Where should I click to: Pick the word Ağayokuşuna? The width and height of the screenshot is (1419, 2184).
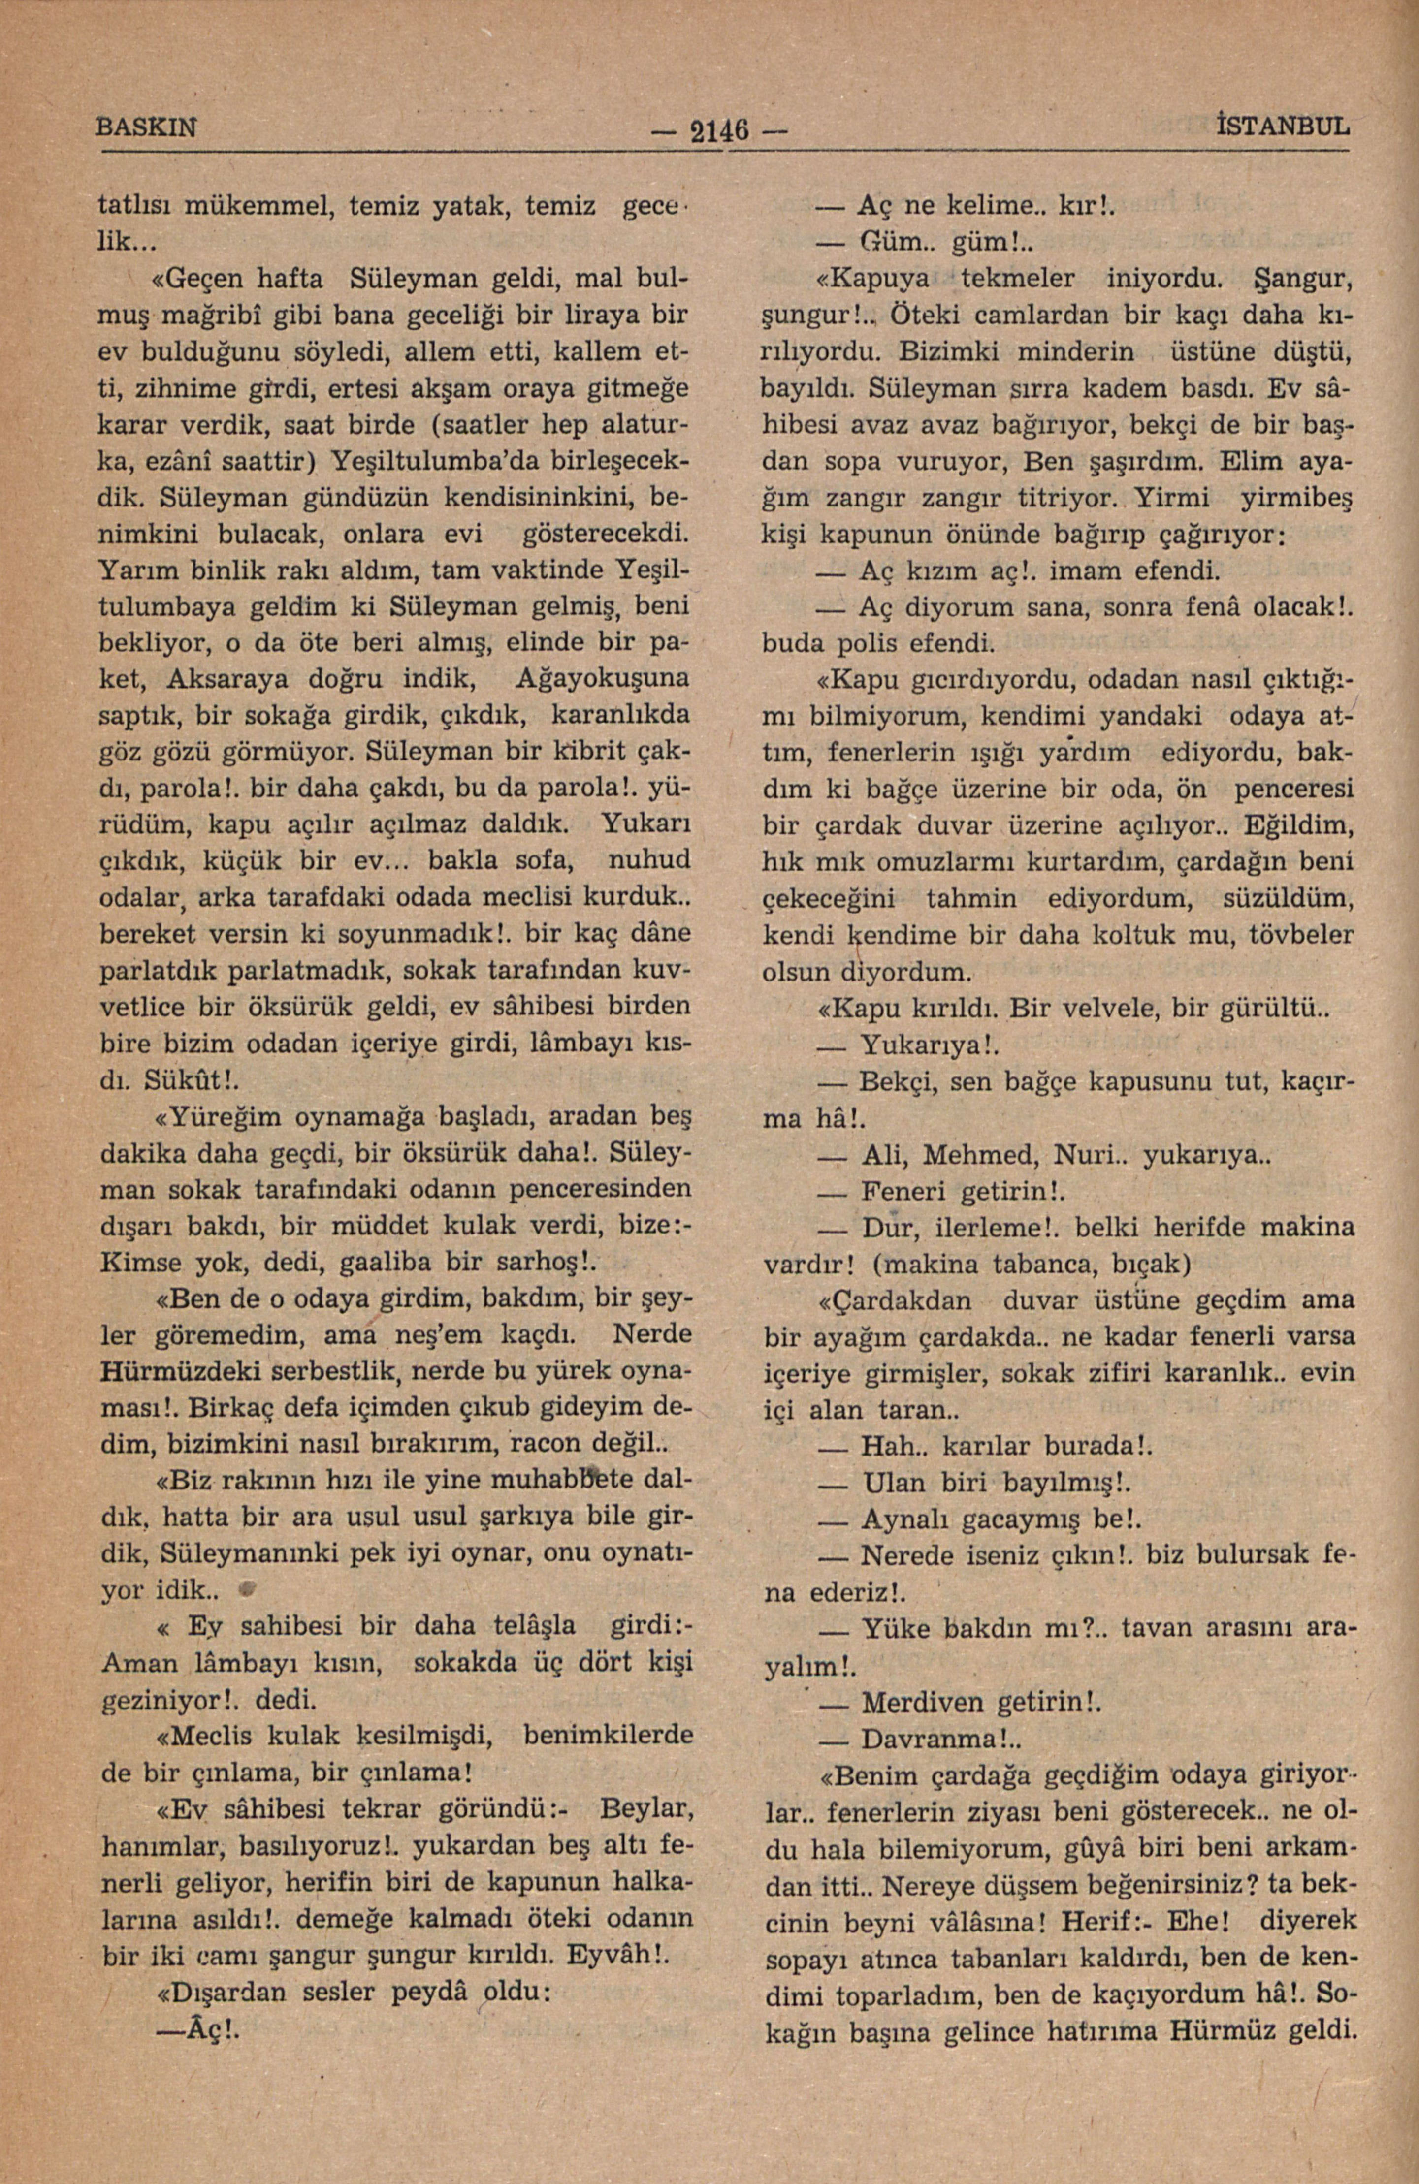click(604, 680)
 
